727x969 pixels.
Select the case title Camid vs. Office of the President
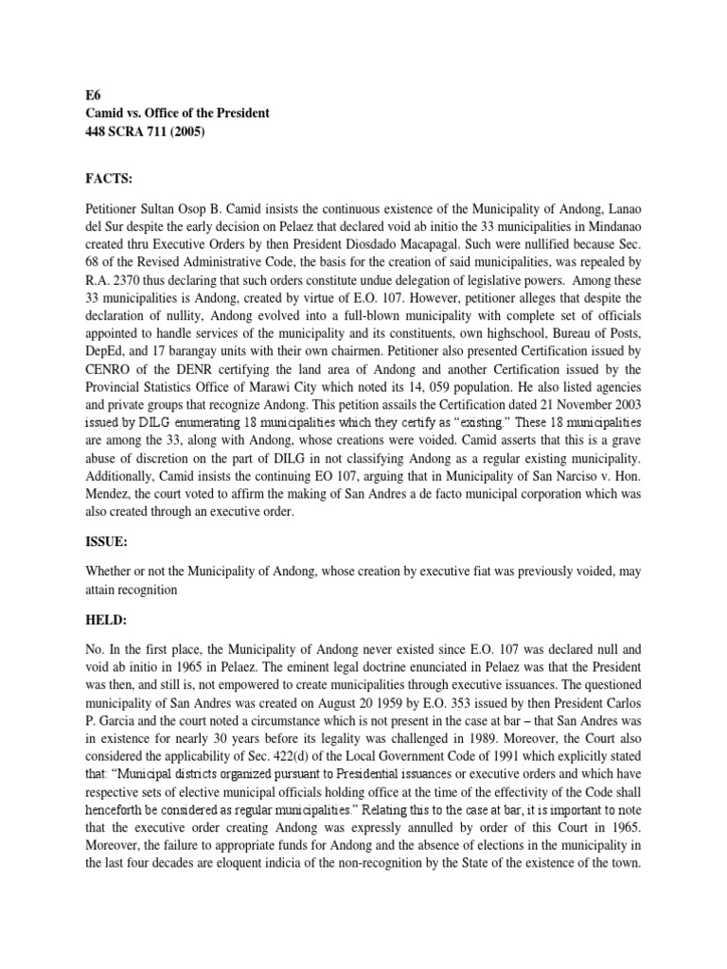pos(175,113)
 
